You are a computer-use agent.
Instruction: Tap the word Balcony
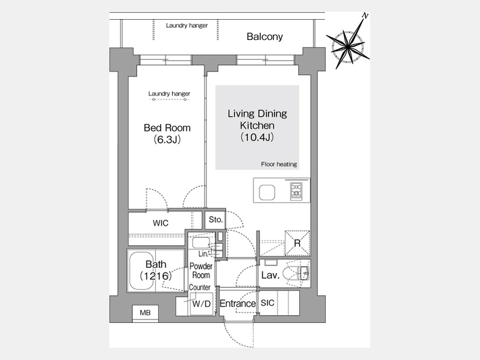[x=265, y=37]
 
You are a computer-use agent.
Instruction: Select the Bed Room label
[x=167, y=127]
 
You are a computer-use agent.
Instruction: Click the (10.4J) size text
[x=257, y=137]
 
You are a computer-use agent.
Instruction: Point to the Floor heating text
[x=279, y=164]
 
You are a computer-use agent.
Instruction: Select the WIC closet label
[x=161, y=223]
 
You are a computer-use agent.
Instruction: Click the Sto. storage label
[x=216, y=220]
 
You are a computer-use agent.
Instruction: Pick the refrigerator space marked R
[x=297, y=243]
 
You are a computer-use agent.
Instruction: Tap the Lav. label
[x=270, y=275]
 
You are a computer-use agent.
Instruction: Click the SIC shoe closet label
[x=267, y=303]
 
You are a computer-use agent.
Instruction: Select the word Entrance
[x=237, y=303]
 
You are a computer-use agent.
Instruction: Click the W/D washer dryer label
[x=202, y=303]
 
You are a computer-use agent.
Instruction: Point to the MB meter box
[x=145, y=313]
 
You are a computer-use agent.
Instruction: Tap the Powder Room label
[x=201, y=270]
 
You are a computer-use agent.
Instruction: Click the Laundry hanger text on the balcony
[x=187, y=26]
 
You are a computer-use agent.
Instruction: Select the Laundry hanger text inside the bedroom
[x=169, y=94]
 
